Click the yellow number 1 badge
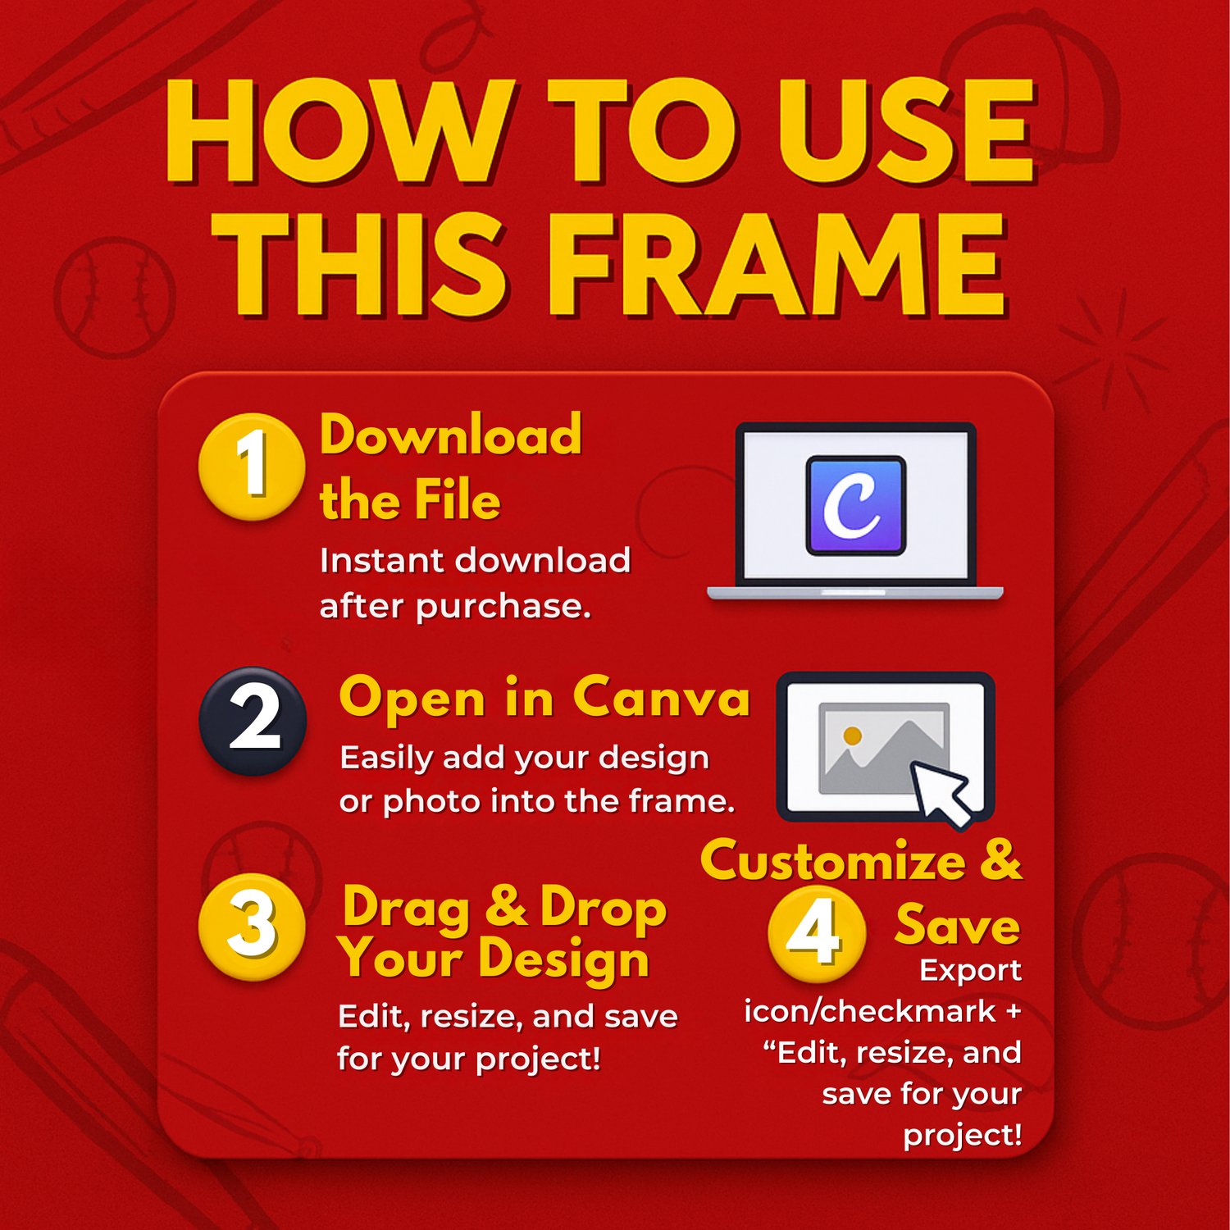pyautogui.click(x=252, y=466)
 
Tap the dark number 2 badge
pyautogui.click(x=253, y=721)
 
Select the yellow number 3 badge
pyautogui.click(x=252, y=927)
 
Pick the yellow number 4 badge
pyautogui.click(x=817, y=933)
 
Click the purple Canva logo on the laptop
pyautogui.click(x=855, y=505)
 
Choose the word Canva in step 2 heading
pyautogui.click(x=661, y=698)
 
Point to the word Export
pyautogui.click(x=971, y=971)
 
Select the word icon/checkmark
pyautogui.click(x=870, y=1011)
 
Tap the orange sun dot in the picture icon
pyautogui.click(x=852, y=736)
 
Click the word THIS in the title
pyautogui.click(x=361, y=264)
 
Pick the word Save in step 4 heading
pyautogui.click(x=958, y=925)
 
